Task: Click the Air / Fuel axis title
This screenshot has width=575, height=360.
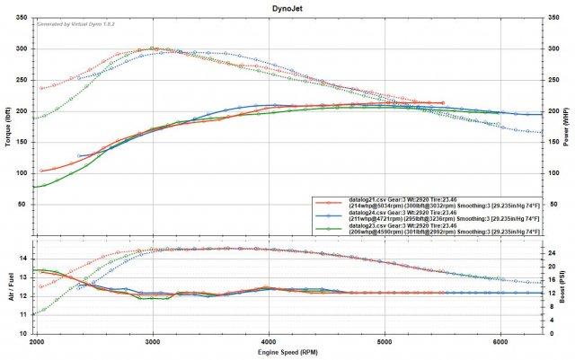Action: [x=7, y=284]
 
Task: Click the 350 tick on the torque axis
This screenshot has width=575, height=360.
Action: [x=22, y=18]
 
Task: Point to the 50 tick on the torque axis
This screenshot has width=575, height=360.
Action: [x=25, y=204]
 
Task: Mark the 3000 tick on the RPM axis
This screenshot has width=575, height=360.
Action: [x=153, y=342]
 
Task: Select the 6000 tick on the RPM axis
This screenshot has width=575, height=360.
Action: [x=501, y=342]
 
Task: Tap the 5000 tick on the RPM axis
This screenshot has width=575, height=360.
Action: [x=385, y=342]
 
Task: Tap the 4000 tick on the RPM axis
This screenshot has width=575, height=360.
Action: [x=270, y=342]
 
